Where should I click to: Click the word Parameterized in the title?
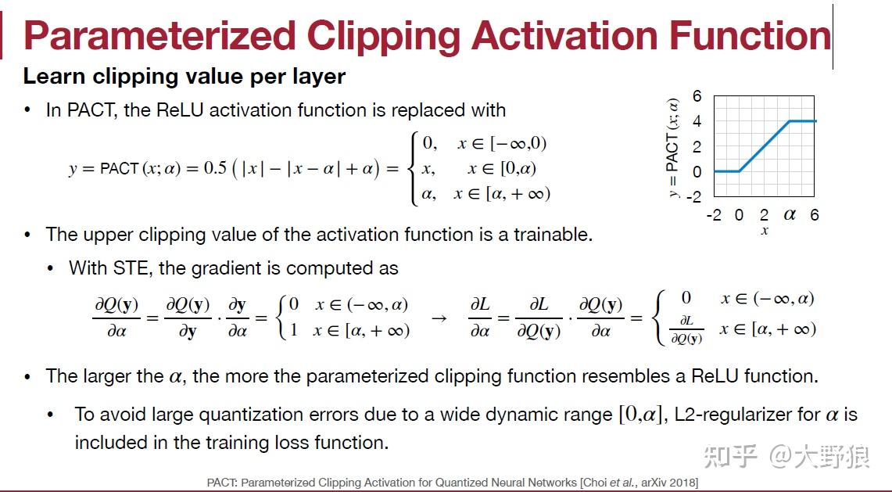pyautogui.click(x=159, y=36)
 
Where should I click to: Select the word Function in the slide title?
pyautogui.click(x=750, y=35)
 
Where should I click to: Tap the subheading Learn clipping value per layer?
pyautogui.click(x=184, y=77)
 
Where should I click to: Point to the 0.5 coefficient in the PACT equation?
pyautogui.click(x=215, y=168)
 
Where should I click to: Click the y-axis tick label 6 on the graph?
pyautogui.click(x=697, y=95)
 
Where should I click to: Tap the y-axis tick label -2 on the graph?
pyautogui.click(x=694, y=196)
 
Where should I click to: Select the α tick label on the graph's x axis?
pyautogui.click(x=789, y=214)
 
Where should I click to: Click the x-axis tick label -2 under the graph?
pyautogui.click(x=714, y=214)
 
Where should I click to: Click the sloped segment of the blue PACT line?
pyautogui.click(x=764, y=145)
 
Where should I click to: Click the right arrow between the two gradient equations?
pyautogui.click(x=439, y=318)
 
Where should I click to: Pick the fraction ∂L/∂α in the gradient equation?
pyautogui.click(x=480, y=318)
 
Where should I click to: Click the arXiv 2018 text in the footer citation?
pyautogui.click(x=668, y=483)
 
